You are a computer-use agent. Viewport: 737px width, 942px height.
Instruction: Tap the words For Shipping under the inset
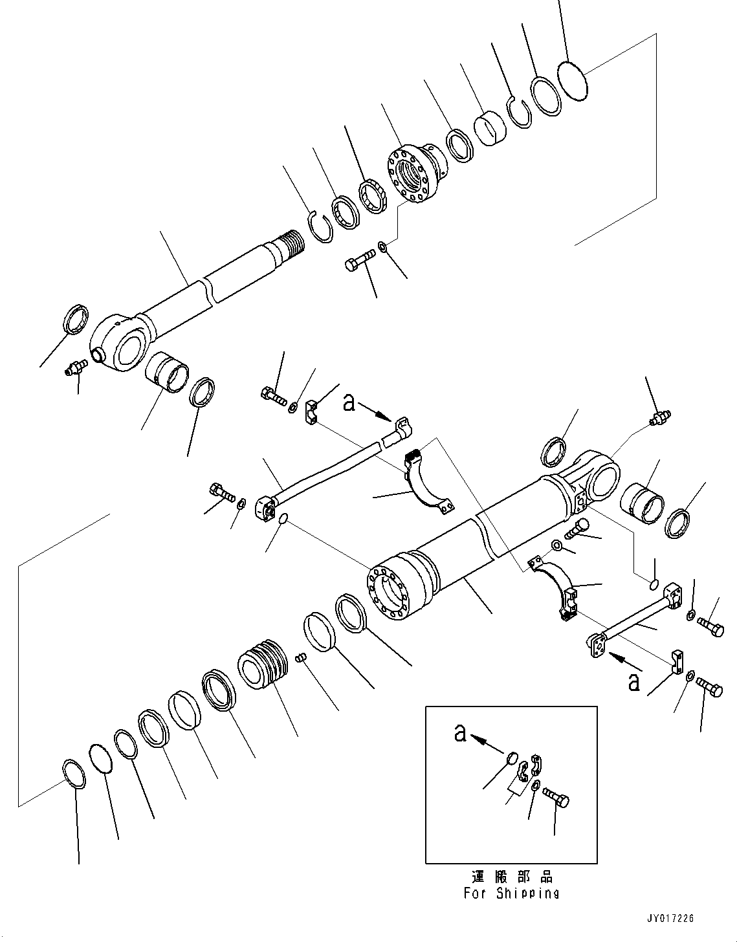511,893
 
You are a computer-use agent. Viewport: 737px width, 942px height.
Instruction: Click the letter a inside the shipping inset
460,733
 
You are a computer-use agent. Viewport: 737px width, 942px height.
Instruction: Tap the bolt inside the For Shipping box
555,795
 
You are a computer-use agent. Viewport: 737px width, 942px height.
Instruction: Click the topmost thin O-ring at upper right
572,80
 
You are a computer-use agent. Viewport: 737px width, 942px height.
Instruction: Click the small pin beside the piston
300,658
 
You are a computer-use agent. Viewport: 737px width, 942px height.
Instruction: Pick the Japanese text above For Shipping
511,877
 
